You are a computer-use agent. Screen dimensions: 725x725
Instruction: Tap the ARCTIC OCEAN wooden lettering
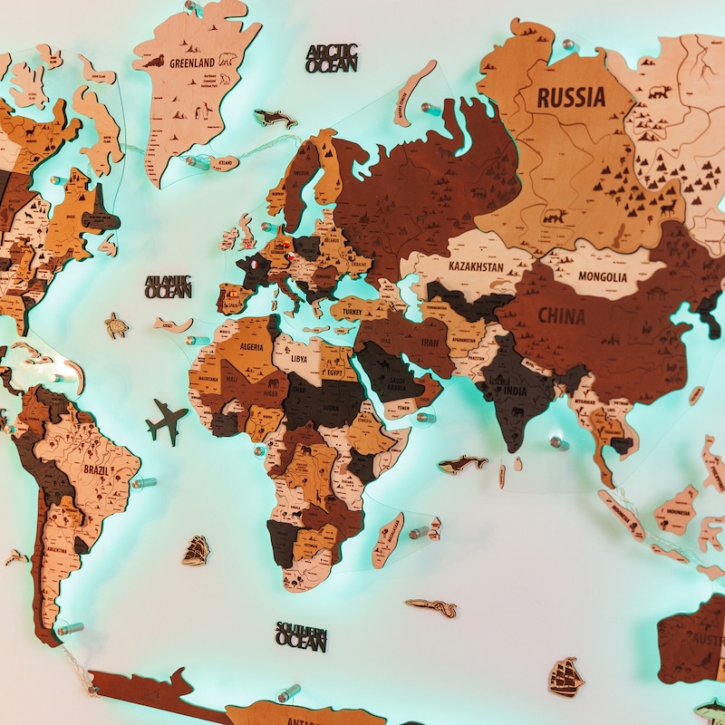[332, 58]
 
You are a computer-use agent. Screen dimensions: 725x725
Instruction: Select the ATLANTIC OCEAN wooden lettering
[169, 286]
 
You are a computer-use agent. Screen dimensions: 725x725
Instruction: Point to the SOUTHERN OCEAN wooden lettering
[301, 636]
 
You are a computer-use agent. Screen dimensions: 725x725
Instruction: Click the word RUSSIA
[570, 97]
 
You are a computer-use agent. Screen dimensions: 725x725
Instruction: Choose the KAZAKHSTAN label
[477, 266]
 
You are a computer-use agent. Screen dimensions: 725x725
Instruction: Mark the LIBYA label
[298, 357]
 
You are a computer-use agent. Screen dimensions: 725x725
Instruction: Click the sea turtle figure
[116, 325]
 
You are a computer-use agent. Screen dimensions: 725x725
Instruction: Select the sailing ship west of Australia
[566, 676]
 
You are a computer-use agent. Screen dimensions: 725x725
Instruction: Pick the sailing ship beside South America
[196, 549]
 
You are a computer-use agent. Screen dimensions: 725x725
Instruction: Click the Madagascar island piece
[390, 539]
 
